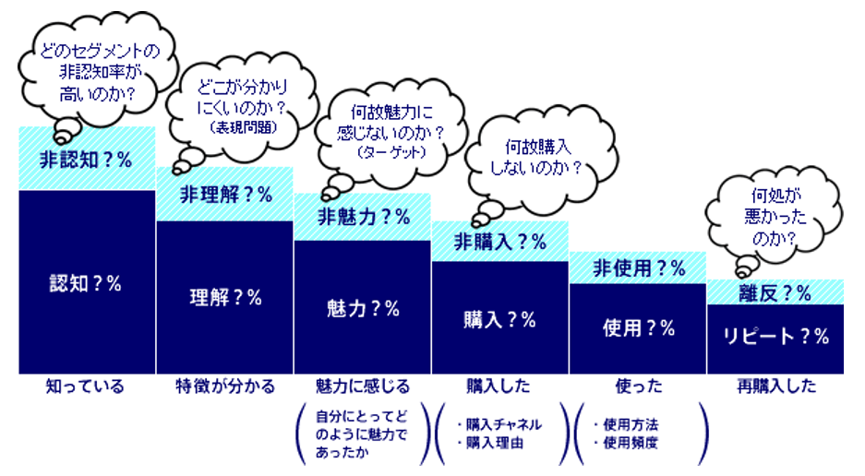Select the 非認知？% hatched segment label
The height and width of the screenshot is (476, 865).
[86, 159]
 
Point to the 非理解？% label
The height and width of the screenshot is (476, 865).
[224, 195]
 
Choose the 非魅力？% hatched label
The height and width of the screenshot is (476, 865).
[363, 218]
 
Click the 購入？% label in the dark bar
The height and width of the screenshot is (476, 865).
[499, 320]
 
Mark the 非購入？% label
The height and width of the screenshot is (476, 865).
[499, 243]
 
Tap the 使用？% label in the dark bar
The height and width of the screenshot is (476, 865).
[638, 327]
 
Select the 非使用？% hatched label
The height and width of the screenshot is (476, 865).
[638, 269]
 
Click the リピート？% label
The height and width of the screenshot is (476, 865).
[775, 337]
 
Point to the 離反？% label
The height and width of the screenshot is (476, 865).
[775, 293]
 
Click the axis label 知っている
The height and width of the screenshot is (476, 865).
[85, 387]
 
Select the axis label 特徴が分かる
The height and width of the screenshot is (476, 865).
[224, 387]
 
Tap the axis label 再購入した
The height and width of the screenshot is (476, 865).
[776, 387]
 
